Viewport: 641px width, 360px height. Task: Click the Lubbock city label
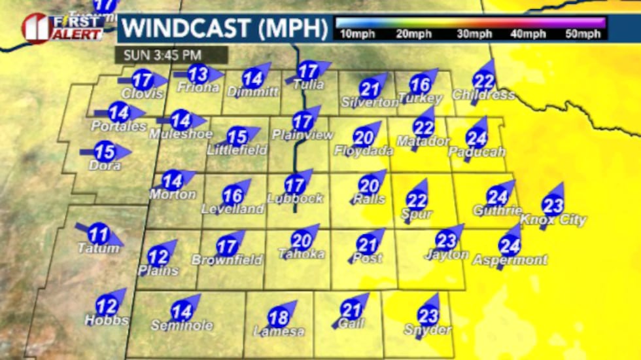pos(295,198)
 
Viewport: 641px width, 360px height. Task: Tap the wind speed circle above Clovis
pos(142,81)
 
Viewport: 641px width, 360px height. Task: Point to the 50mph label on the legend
pos(583,34)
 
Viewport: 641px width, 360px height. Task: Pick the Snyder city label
pos(428,330)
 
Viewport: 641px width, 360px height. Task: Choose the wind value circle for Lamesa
pos(279,318)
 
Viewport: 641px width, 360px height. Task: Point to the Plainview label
pos(302,135)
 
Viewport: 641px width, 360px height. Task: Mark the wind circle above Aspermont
pos(509,245)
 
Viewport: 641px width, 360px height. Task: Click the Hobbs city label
pos(107,321)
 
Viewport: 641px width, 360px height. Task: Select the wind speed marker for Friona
pos(198,73)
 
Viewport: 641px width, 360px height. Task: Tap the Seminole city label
pos(182,325)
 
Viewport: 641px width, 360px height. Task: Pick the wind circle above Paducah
pos(476,138)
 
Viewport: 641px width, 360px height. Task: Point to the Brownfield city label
pos(227,260)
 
